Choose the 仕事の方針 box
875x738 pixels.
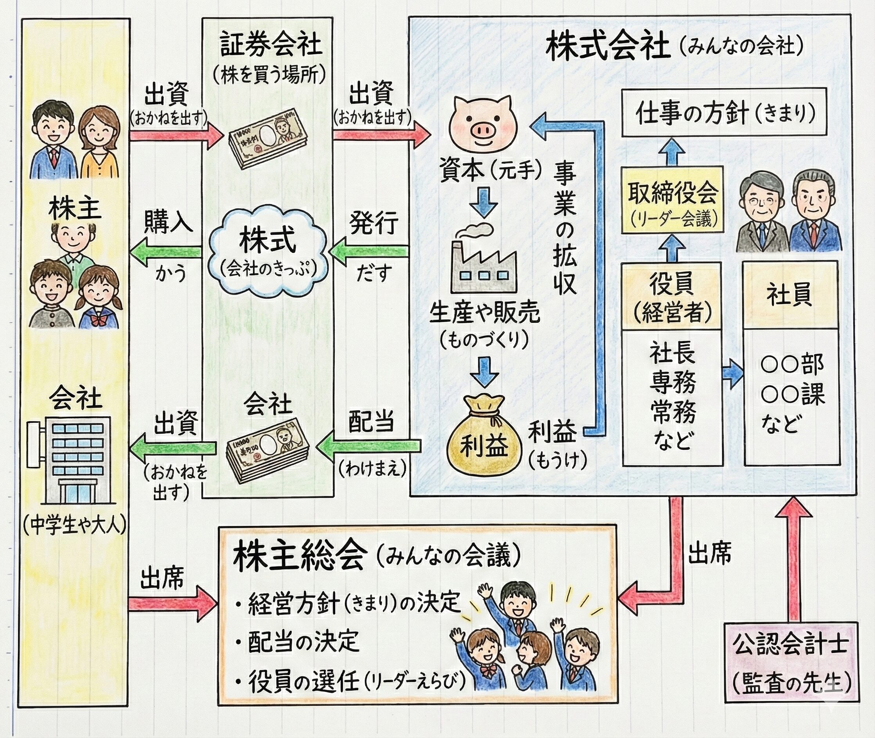[x=724, y=112]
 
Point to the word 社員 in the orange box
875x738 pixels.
[x=789, y=294]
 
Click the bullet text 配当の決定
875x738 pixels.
[x=303, y=641]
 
